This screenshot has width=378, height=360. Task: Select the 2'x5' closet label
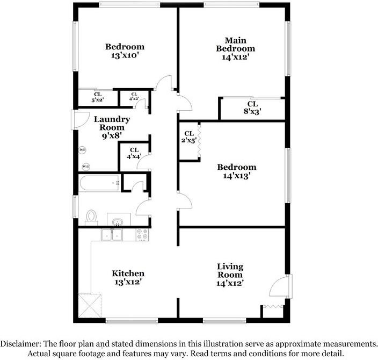coord(189,137)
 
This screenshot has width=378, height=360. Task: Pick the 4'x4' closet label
coord(134,154)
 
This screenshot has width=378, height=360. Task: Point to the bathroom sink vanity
coord(118,220)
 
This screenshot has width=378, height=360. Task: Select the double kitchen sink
coord(113,234)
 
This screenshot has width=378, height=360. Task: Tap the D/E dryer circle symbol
coord(82,149)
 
